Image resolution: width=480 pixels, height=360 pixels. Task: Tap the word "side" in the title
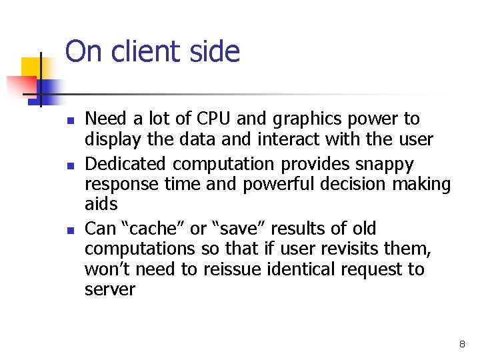(214, 51)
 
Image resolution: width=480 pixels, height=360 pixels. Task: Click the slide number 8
(462, 344)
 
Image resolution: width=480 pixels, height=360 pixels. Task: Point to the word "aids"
(101, 204)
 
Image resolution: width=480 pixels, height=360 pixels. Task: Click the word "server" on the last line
(109, 290)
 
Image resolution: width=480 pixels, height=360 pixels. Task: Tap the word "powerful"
(281, 184)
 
